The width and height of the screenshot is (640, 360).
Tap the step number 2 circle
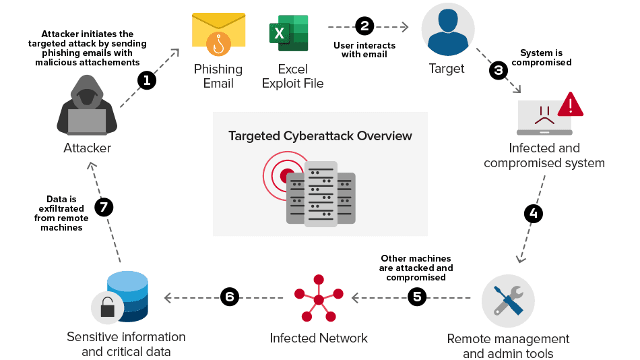coord(364,26)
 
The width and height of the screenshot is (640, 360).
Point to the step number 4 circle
coord(533,214)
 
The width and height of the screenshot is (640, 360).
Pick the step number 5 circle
coord(418,297)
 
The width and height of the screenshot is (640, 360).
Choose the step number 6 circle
coord(230,297)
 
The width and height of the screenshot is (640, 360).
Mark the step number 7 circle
coord(103,207)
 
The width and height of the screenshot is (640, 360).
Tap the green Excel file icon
coord(289,34)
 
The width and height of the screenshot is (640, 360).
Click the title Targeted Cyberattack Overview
coord(320,136)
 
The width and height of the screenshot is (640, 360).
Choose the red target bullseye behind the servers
coord(283,173)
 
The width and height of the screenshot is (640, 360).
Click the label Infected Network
coord(319,338)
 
